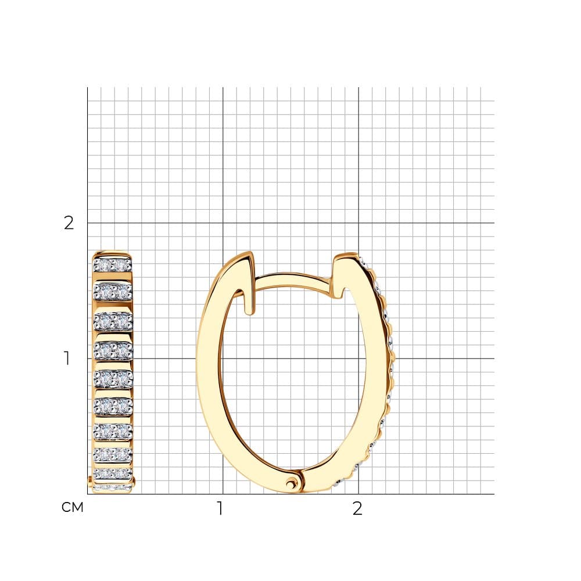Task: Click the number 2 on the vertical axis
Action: point(69,223)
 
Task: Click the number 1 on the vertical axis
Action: point(67,358)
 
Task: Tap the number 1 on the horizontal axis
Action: point(220,508)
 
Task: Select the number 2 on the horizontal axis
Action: point(357,508)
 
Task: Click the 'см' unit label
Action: point(72,507)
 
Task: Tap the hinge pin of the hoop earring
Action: point(291,482)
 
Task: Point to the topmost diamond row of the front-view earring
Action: point(112,265)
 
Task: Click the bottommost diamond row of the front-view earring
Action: point(112,487)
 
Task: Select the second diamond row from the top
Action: point(113,292)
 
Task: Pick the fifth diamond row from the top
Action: point(113,378)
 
